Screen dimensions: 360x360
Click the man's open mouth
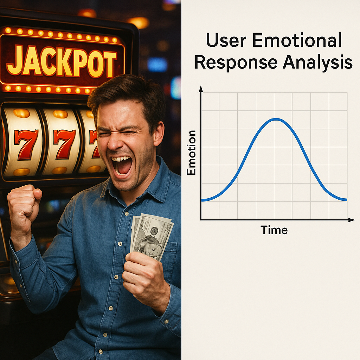click(x=122, y=165)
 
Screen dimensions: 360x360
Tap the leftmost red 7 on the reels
click(x=25, y=144)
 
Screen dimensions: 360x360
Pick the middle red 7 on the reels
click(x=64, y=144)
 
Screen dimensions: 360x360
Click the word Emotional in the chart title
click(x=297, y=40)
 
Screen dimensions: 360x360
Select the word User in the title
click(x=226, y=41)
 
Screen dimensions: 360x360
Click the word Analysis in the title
click(x=317, y=63)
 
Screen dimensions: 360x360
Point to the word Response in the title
click(x=236, y=63)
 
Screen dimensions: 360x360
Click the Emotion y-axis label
click(x=191, y=153)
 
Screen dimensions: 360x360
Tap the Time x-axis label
click(x=274, y=230)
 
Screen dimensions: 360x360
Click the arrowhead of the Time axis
click(x=352, y=220)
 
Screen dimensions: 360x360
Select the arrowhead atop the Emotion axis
click(x=201, y=89)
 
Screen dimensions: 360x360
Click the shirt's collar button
click(x=127, y=213)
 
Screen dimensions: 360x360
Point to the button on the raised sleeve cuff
click(x=16, y=261)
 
